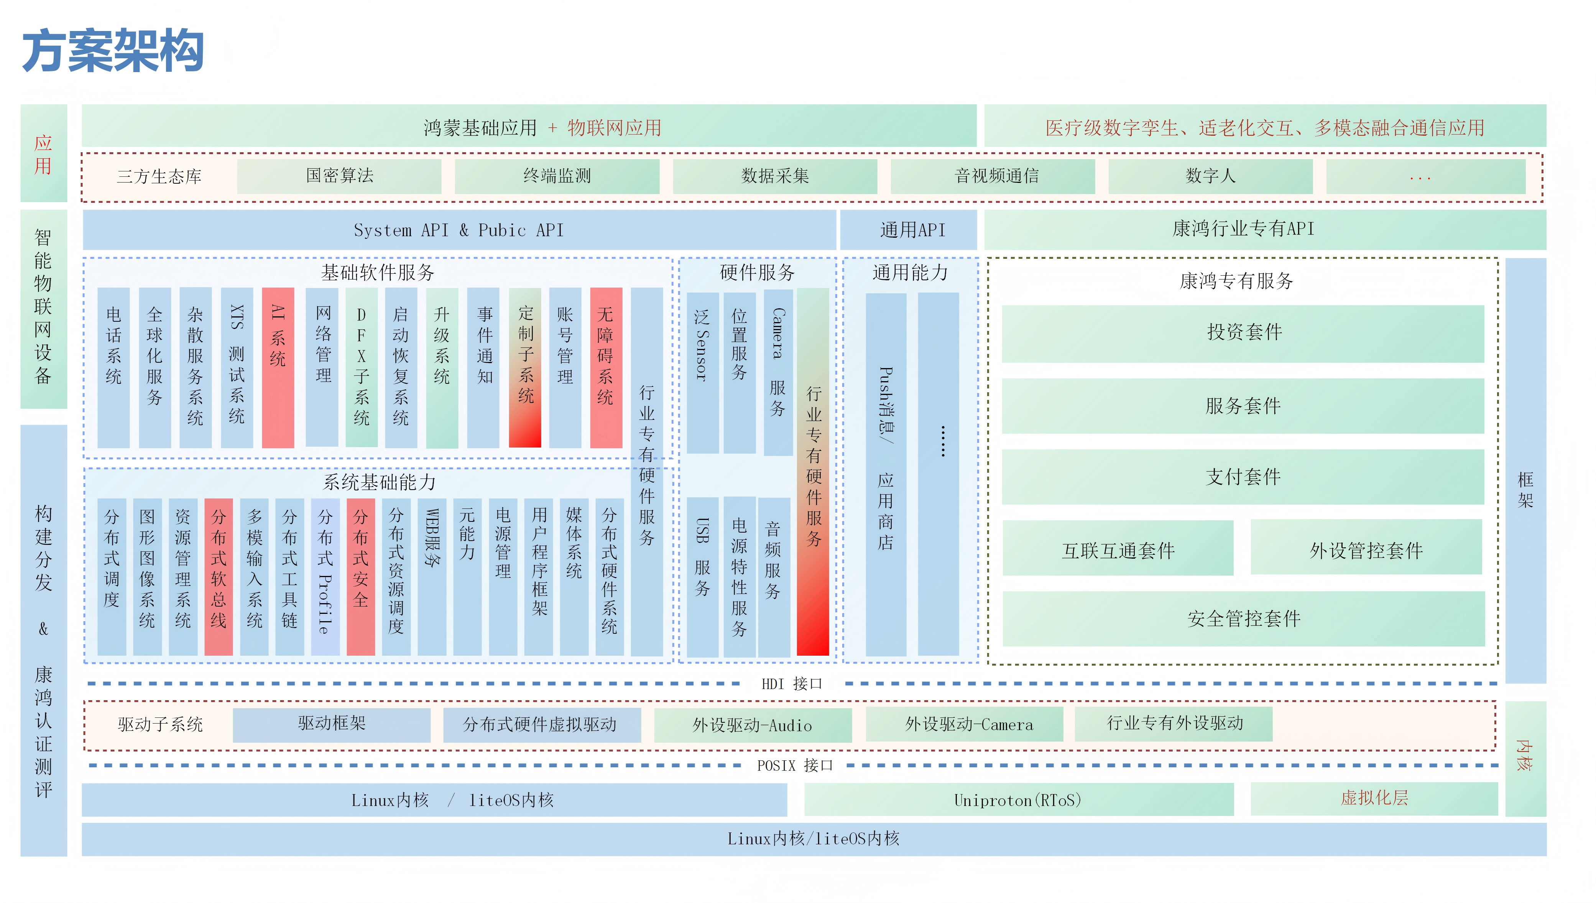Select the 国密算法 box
339,176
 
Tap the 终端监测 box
557,176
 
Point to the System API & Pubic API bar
459,230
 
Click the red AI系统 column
278,367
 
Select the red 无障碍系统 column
606,367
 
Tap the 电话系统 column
113,367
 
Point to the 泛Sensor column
702,373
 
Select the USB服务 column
702,576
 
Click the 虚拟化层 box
1374,798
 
